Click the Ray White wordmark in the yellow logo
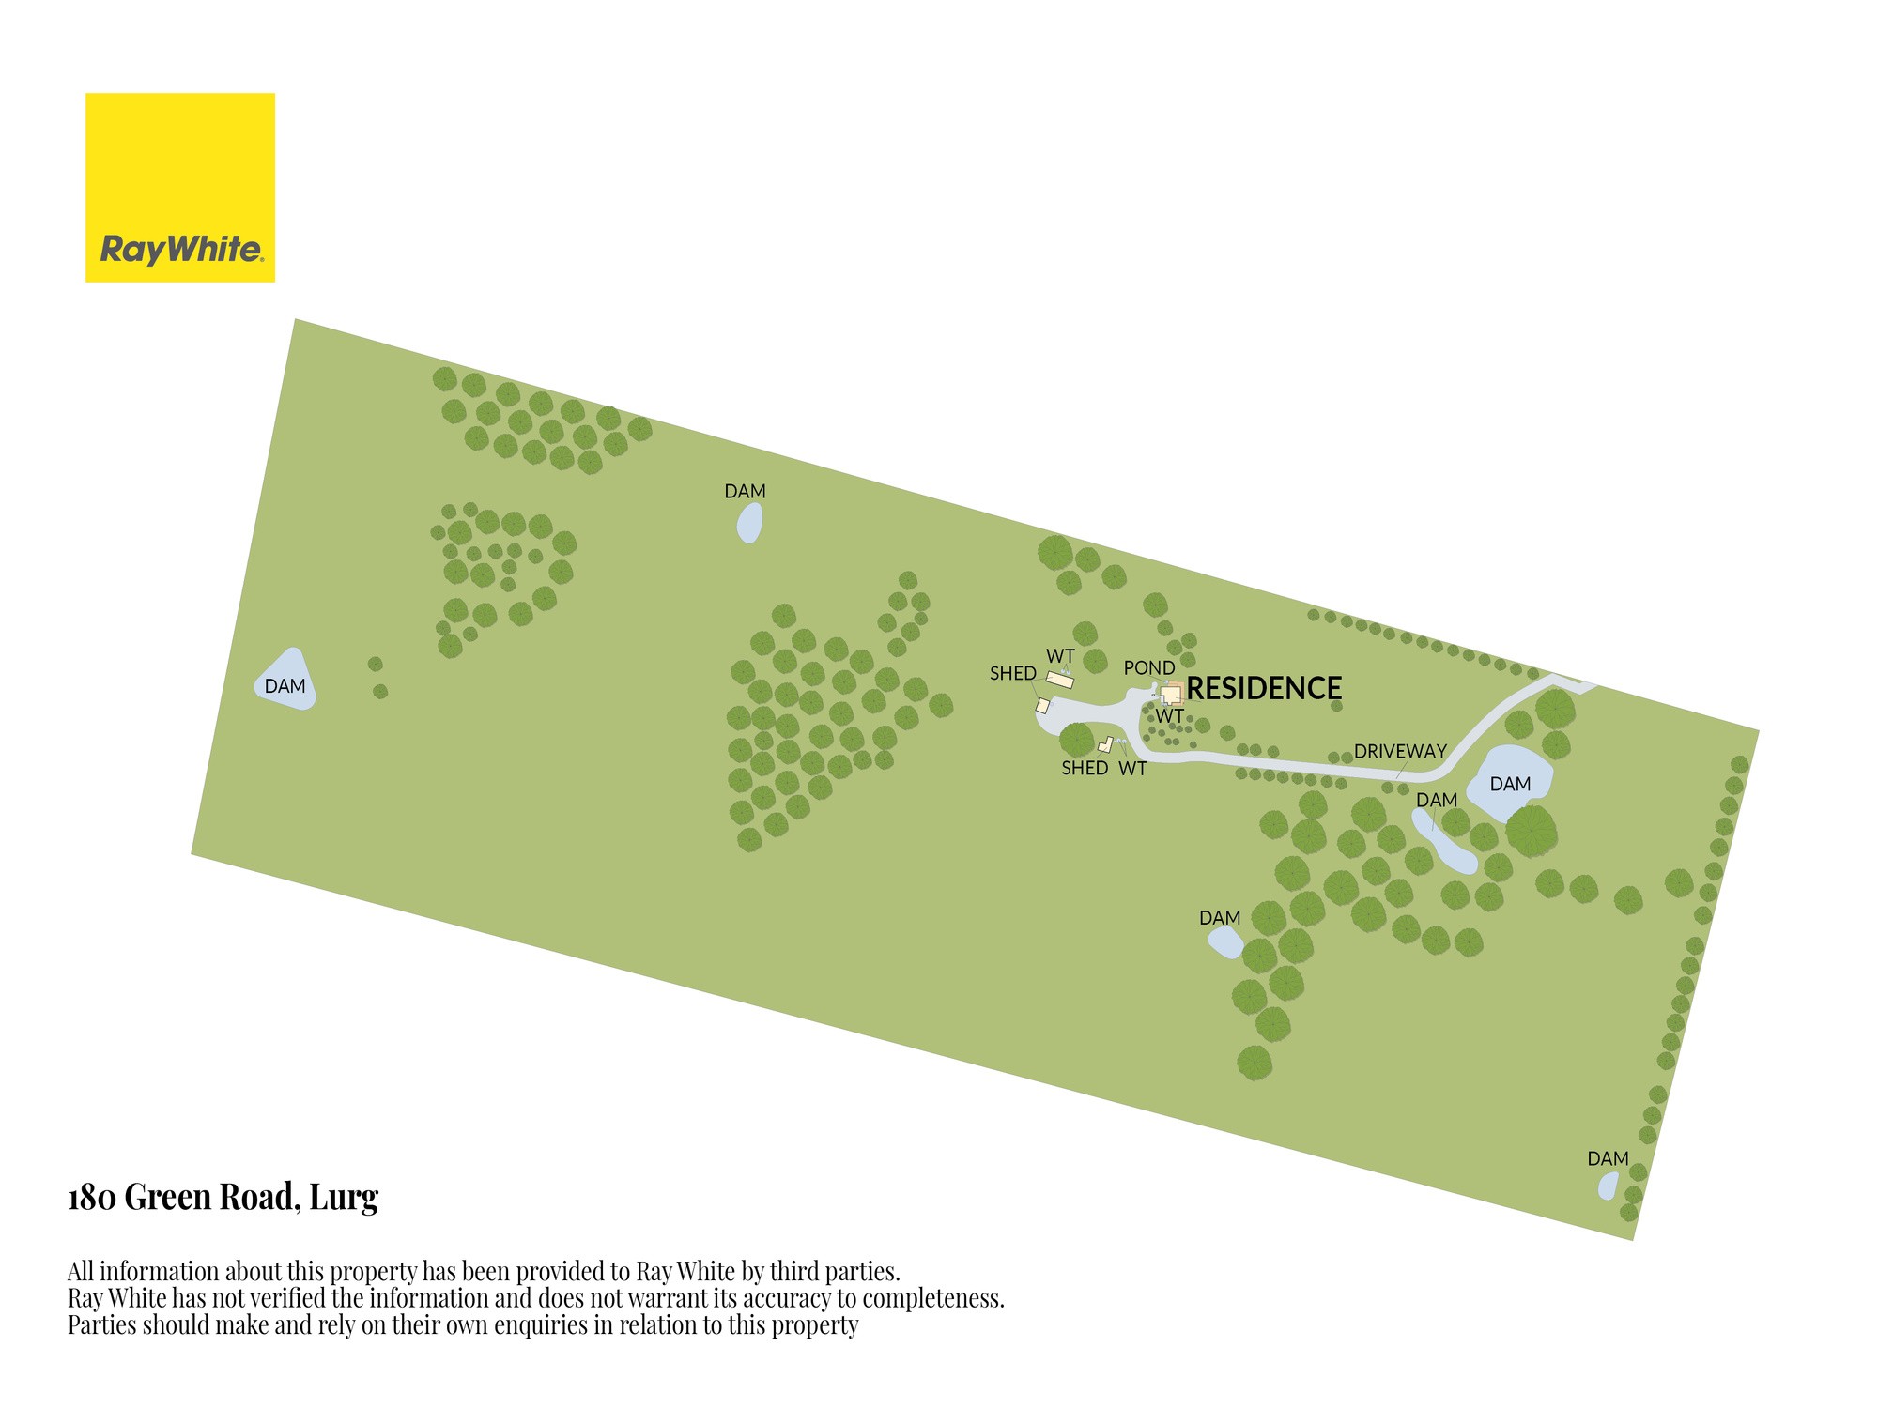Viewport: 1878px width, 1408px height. pyautogui.click(x=181, y=250)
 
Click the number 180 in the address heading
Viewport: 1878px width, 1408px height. pyautogui.click(x=92, y=1198)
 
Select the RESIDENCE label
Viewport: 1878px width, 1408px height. pyautogui.click(x=1264, y=688)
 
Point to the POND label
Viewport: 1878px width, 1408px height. pyautogui.click(x=1149, y=667)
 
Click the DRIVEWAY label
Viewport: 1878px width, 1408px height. pyautogui.click(x=1400, y=751)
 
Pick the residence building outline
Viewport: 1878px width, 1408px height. pyautogui.click(x=1170, y=695)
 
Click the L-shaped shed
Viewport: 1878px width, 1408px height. pyautogui.click(x=1105, y=745)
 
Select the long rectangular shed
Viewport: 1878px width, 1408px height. pyautogui.click(x=1060, y=680)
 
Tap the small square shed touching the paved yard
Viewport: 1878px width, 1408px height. pyautogui.click(x=1042, y=706)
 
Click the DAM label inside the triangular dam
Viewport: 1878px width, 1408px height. pyautogui.click(x=285, y=686)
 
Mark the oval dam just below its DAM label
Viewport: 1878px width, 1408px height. pyautogui.click(x=749, y=523)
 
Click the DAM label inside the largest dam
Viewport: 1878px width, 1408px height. pyautogui.click(x=1510, y=784)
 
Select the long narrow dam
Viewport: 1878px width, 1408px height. pyautogui.click(x=1444, y=842)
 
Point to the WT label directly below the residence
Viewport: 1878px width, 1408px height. pyautogui.click(x=1169, y=715)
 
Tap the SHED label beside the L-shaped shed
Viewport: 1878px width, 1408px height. pyautogui.click(x=1085, y=768)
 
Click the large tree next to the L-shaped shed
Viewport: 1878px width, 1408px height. pyautogui.click(x=1076, y=740)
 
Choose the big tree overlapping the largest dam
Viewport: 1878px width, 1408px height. pyautogui.click(x=1532, y=832)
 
